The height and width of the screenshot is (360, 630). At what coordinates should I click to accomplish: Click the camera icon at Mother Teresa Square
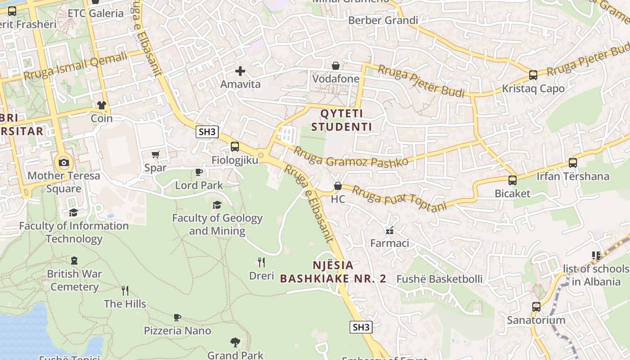(63, 162)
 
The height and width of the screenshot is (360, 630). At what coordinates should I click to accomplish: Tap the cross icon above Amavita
(240, 71)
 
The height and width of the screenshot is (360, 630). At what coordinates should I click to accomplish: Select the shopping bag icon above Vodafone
(336, 66)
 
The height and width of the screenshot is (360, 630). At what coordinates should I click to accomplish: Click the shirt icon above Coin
(102, 105)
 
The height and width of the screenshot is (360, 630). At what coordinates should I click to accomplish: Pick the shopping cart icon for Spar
(156, 155)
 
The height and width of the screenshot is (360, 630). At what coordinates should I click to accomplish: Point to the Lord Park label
(199, 185)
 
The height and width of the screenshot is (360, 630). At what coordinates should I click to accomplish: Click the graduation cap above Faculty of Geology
(217, 205)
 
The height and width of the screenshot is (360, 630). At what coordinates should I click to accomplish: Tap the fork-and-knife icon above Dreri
(261, 262)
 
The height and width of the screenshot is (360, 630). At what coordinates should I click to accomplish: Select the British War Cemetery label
(74, 280)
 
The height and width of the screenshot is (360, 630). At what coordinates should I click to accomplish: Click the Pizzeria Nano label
(177, 331)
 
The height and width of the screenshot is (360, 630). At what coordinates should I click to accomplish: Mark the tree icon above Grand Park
(235, 342)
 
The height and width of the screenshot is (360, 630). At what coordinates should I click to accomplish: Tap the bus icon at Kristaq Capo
(533, 75)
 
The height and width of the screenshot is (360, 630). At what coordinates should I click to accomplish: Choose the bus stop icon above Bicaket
(513, 180)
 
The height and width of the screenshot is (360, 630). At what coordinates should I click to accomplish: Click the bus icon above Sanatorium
(536, 307)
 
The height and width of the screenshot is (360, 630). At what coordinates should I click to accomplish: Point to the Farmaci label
(390, 243)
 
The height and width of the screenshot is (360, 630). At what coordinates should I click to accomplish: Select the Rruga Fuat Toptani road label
(399, 198)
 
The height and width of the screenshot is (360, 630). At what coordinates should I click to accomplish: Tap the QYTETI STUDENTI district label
(342, 120)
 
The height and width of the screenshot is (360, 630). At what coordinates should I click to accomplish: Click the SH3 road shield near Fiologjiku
(207, 132)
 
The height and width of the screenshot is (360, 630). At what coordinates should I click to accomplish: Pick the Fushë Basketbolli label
(439, 279)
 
